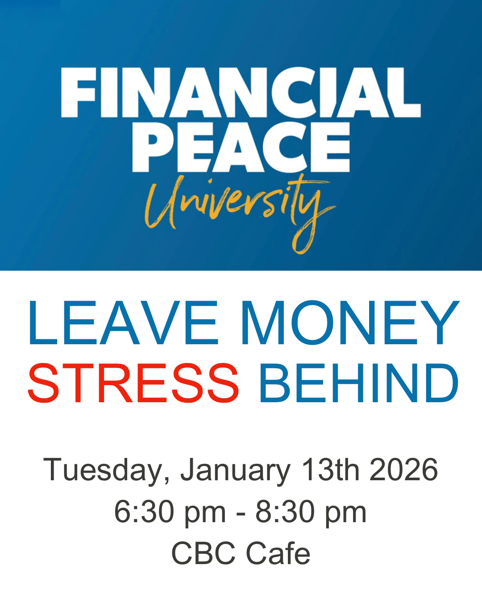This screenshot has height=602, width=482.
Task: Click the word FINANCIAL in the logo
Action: (x=241, y=92)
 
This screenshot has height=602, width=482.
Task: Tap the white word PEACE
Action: (x=241, y=147)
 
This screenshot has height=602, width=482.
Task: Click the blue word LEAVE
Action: (x=123, y=323)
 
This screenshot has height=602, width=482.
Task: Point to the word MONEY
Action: (x=350, y=323)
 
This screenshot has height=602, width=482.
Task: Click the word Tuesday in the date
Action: (x=106, y=470)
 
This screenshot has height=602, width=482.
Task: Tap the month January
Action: (x=235, y=470)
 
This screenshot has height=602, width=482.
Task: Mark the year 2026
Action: (x=404, y=470)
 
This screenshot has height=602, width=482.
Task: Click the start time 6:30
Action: (x=144, y=511)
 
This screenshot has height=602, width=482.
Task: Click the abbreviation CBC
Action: (x=204, y=553)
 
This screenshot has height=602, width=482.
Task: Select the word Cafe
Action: (x=278, y=553)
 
